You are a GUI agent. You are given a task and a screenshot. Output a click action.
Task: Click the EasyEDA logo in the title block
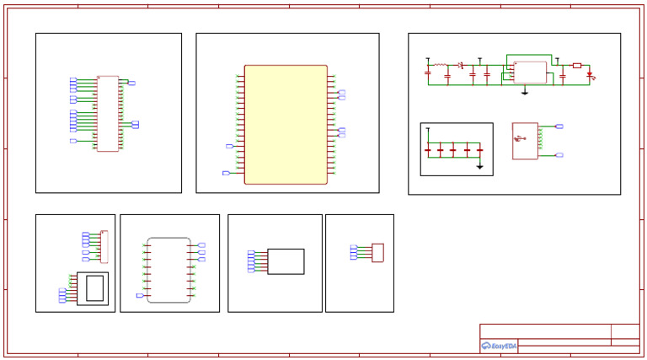[499, 346]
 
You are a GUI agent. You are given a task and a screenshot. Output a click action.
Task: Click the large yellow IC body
[286, 124]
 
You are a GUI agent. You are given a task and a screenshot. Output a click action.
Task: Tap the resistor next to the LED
[576, 65]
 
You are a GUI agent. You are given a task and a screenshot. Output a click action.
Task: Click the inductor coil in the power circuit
[440, 64]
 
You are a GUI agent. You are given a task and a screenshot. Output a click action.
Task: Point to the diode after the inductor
[461, 65]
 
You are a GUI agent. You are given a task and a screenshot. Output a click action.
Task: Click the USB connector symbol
[524, 141]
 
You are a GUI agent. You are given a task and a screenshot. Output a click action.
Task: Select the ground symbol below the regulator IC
[525, 90]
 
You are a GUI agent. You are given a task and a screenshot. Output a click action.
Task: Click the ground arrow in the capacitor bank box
[479, 166]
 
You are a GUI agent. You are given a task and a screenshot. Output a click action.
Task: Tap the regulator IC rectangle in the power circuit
[530, 72]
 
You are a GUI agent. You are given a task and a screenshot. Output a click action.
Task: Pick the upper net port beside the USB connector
[559, 126]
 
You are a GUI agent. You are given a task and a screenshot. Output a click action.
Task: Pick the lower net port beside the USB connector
[559, 155]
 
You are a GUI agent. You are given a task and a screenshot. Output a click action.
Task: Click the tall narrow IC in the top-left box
[108, 114]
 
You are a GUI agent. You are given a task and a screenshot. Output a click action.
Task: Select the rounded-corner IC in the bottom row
[168, 270]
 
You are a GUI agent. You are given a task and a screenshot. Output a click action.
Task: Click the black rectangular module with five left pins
[286, 261]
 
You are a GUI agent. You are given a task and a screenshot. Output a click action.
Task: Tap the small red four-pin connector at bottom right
[377, 252]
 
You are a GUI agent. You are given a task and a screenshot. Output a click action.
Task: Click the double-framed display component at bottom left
[93, 288]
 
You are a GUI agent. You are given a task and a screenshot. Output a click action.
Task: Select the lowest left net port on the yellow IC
[226, 173]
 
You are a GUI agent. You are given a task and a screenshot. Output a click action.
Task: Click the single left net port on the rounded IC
[140, 295]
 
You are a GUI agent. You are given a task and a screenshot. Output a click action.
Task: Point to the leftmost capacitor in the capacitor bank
[428, 151]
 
